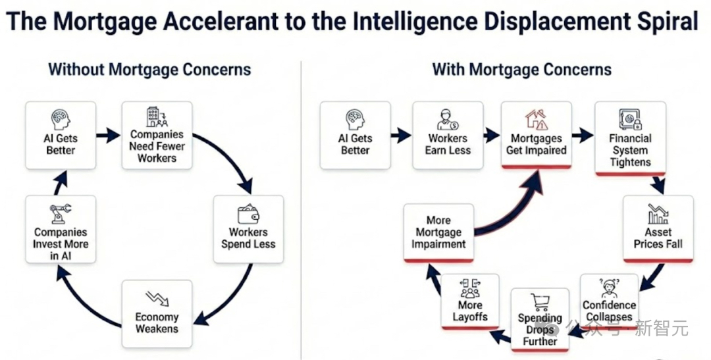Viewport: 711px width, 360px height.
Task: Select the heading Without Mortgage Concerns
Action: pyautogui.click(x=149, y=69)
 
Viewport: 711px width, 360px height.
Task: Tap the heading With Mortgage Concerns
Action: pyautogui.click(x=522, y=69)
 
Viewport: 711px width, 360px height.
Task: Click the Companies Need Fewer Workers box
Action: pyautogui.click(x=157, y=135)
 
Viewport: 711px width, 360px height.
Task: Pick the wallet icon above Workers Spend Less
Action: pyautogui.click(x=248, y=214)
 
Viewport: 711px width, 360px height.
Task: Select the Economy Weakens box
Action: pyautogui.click(x=157, y=313)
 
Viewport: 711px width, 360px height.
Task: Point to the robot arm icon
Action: pyautogui.click(x=61, y=213)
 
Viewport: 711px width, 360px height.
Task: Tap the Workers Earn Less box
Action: pyautogui.click(x=448, y=135)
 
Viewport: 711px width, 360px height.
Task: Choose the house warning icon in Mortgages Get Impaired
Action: pyautogui.click(x=537, y=119)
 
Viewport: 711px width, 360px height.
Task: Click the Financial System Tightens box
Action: pyautogui.click(x=630, y=138)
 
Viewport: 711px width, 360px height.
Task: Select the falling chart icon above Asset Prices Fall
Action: pyautogui.click(x=658, y=214)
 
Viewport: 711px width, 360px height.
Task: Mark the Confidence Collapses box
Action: pyautogui.click(x=609, y=301)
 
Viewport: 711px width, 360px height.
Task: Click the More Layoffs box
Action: pyautogui.click(x=470, y=301)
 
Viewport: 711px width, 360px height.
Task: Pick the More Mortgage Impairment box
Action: pyautogui.click(x=438, y=232)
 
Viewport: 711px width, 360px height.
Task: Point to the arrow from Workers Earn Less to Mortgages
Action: pyautogui.click(x=492, y=135)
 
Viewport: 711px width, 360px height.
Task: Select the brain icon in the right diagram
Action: pyautogui.click(x=355, y=120)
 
